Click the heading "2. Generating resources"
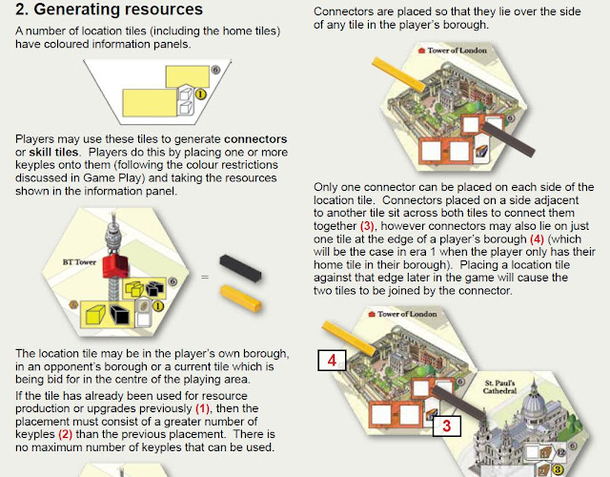(x=109, y=9)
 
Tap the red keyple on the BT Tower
(x=115, y=266)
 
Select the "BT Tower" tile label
(x=79, y=262)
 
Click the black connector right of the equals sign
(x=240, y=268)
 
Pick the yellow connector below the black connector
(x=241, y=299)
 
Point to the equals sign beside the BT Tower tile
(x=205, y=277)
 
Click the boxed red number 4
(x=332, y=361)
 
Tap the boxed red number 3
(x=447, y=425)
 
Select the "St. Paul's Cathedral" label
(x=499, y=386)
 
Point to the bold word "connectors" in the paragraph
(x=255, y=139)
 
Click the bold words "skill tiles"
(x=53, y=152)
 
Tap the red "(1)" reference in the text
(x=202, y=408)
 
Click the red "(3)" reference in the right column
(x=367, y=226)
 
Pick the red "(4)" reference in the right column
(x=537, y=238)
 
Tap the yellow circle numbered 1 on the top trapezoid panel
(x=200, y=94)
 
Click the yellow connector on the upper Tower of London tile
(x=398, y=74)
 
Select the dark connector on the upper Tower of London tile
(x=508, y=138)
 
